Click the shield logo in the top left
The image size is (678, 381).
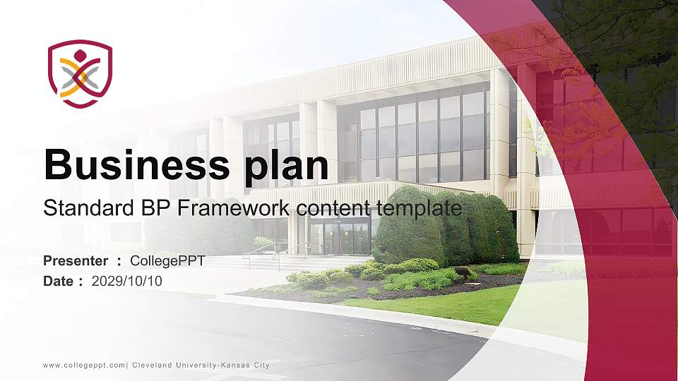click(80, 73)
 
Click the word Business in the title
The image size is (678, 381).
click(136, 164)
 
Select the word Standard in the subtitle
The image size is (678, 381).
click(89, 207)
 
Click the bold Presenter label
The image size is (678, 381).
click(76, 261)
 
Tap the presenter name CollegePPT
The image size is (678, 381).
click(167, 261)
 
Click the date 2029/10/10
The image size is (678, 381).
click(126, 282)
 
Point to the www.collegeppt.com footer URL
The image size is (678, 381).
click(84, 365)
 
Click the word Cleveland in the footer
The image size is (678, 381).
click(152, 365)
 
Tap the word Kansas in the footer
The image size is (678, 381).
click(235, 365)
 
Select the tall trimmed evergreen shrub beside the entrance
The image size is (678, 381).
click(446, 224)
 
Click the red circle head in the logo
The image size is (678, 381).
click(80, 56)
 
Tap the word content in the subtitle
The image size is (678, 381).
click(334, 209)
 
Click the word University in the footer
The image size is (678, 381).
click(196, 365)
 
